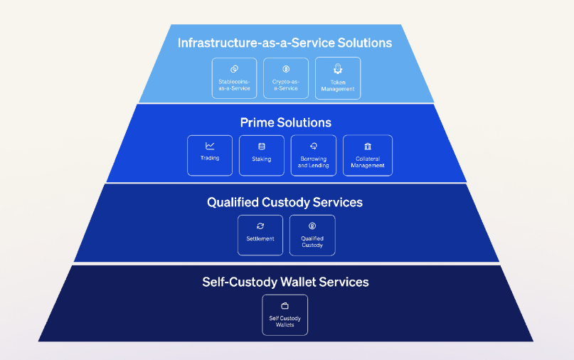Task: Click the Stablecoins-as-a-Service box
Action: coord(234,78)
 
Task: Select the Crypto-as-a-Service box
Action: coord(286,78)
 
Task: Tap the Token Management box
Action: coord(338,78)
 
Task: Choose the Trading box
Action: coord(210,155)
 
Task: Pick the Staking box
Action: coord(262,155)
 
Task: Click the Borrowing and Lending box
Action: coord(314,155)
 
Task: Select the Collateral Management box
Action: coord(368,155)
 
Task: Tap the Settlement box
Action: coord(260,235)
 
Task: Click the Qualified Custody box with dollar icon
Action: coord(312,235)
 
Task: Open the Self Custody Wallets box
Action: coord(285,315)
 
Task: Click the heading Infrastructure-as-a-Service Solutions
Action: coord(285,43)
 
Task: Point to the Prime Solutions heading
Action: coord(285,122)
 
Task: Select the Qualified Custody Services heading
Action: coord(285,202)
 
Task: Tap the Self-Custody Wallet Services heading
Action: coord(285,282)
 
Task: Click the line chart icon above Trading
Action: coord(210,146)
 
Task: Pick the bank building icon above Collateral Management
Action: coord(368,146)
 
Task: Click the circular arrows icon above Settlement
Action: coord(260,226)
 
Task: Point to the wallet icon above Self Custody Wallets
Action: coord(285,306)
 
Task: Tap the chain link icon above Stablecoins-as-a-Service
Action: coord(234,69)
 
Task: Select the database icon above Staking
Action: coord(262,146)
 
